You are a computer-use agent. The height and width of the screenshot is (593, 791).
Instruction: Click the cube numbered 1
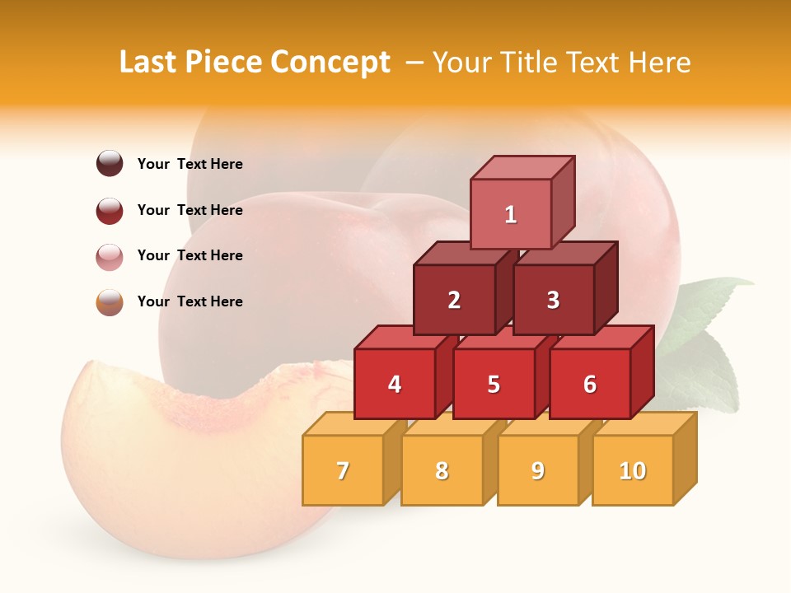(511, 214)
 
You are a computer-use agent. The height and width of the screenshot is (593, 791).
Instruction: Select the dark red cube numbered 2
(454, 300)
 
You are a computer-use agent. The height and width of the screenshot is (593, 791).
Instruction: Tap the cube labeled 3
(553, 300)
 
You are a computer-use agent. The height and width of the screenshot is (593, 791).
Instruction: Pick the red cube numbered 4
(395, 384)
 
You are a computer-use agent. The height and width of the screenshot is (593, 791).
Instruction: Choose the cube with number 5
(494, 384)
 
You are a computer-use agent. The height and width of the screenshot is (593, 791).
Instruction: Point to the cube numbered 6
(590, 384)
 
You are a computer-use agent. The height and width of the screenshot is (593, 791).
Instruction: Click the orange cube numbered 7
(343, 470)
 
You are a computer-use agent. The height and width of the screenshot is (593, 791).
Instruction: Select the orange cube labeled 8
(442, 470)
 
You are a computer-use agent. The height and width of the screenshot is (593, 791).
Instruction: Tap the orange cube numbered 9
(538, 470)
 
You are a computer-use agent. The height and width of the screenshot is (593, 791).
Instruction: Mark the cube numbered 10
(633, 470)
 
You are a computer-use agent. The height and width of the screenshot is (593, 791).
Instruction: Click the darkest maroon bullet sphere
(110, 164)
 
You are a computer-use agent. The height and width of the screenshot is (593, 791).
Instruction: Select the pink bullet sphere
(110, 256)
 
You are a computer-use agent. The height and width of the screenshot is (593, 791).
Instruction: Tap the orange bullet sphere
(110, 302)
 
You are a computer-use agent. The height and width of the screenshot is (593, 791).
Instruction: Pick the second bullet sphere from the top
(110, 210)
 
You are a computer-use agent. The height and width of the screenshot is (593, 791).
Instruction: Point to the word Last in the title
(150, 63)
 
